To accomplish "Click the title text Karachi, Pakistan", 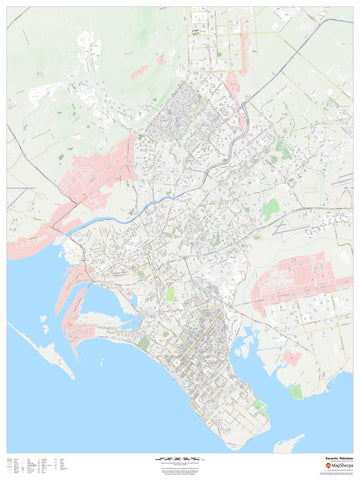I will coord(337,459).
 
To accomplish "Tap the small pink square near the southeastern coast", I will coord(290,357).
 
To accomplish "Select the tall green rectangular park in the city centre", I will coord(170,295).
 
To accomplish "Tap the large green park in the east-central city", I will coord(271,208).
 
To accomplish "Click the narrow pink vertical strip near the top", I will coord(233,84).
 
